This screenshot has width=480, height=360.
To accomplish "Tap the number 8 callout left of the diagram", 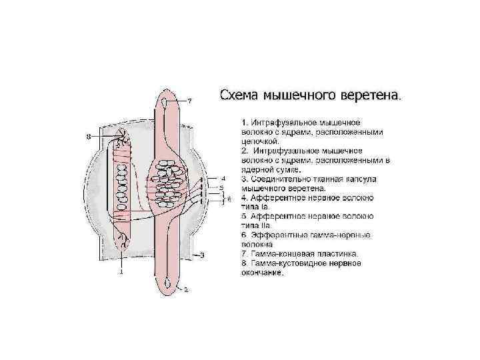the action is point(89,137).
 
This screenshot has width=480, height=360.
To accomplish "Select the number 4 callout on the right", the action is point(224,179).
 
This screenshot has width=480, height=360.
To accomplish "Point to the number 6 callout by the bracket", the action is point(229,199).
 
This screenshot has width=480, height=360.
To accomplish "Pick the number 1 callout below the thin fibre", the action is point(121,272).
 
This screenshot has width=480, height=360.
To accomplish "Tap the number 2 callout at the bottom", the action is point(186,290).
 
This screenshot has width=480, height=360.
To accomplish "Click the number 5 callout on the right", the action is point(221,189).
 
